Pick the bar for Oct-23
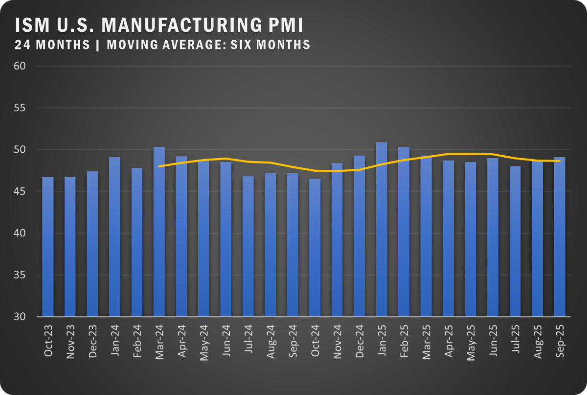(x=48, y=247)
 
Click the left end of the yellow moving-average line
(x=159, y=166)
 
